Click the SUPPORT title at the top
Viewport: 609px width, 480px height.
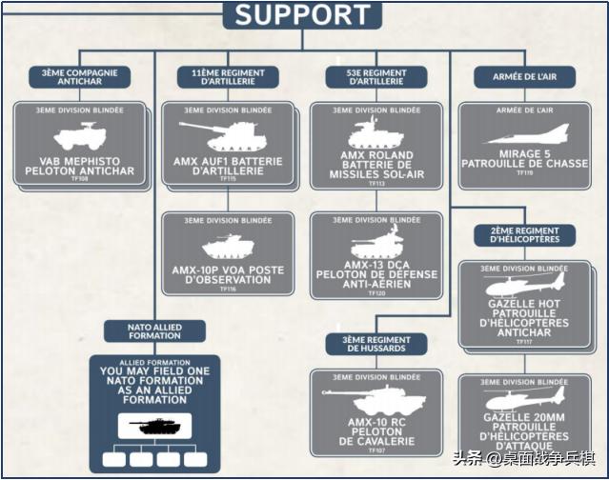point(302,14)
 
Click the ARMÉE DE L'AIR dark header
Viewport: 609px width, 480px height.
point(522,76)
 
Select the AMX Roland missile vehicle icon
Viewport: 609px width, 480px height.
point(376,133)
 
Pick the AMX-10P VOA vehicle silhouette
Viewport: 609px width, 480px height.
point(227,245)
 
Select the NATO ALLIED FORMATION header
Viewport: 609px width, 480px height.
point(155,331)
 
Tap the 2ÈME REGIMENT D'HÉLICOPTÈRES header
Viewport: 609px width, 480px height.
point(524,235)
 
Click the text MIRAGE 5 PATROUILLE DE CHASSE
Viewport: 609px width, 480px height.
point(526,159)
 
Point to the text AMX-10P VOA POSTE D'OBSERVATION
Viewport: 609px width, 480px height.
point(227,274)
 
